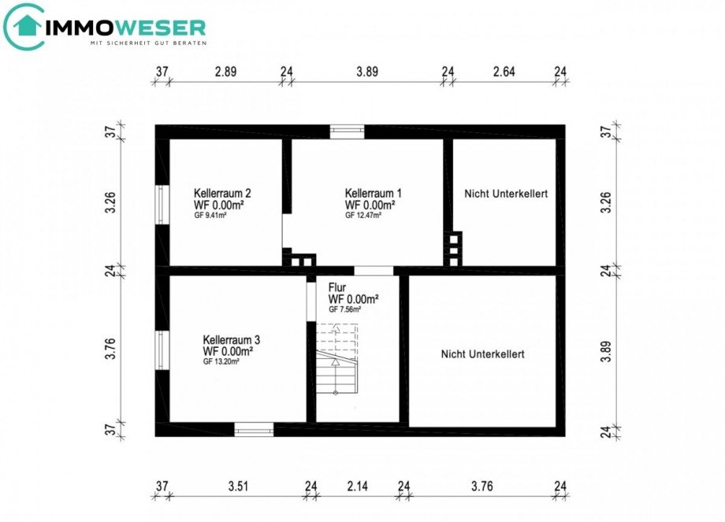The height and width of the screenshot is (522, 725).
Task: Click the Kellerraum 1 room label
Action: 373,193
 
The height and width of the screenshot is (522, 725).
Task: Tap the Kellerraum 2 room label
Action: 222,193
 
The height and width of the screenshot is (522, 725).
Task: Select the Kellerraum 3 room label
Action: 231,340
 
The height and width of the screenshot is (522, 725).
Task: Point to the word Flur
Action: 337,288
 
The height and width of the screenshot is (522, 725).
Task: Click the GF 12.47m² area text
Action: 363,215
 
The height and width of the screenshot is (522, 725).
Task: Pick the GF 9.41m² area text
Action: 210,215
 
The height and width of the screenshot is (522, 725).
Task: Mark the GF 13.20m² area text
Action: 221,362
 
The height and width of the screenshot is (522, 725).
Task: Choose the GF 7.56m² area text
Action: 344,310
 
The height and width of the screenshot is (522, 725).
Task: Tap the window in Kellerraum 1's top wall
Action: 347,131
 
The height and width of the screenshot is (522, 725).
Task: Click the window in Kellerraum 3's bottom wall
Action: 254,429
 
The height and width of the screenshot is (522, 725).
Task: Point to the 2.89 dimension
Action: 226,71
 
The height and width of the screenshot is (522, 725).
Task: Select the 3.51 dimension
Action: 238,487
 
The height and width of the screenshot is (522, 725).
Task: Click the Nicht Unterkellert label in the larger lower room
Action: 482,354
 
